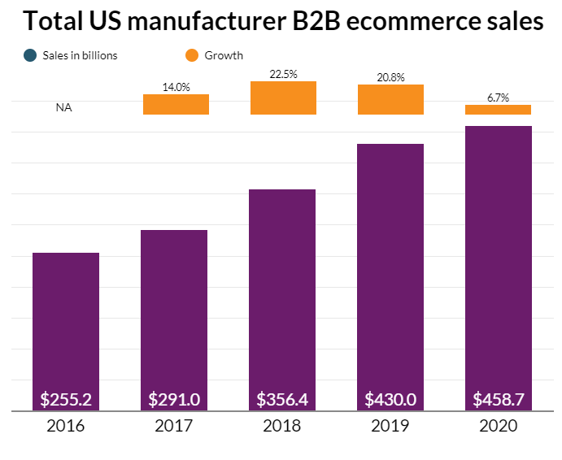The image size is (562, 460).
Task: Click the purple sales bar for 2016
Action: click(66, 325)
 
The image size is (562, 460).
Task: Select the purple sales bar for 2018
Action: click(282, 293)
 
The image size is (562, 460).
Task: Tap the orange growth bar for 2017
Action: click(176, 104)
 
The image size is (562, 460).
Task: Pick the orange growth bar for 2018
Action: click(283, 98)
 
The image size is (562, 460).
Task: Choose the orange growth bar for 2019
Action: click(391, 99)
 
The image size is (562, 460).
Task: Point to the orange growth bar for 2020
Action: click(499, 110)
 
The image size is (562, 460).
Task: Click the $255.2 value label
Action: click(66, 399)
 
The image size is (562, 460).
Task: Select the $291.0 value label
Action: click(174, 399)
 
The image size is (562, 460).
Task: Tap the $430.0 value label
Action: click(390, 399)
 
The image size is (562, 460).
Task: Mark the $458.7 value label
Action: click(499, 399)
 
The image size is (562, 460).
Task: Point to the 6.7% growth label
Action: click(499, 98)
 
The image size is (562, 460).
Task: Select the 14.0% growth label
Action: click(176, 87)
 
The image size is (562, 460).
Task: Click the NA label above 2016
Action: click(63, 107)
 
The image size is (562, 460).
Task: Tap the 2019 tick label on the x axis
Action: click(390, 426)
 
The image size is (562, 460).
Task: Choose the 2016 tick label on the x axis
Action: click(66, 426)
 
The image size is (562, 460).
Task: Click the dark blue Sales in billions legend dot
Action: click(30, 55)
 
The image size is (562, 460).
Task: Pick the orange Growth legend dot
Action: click(192, 55)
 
